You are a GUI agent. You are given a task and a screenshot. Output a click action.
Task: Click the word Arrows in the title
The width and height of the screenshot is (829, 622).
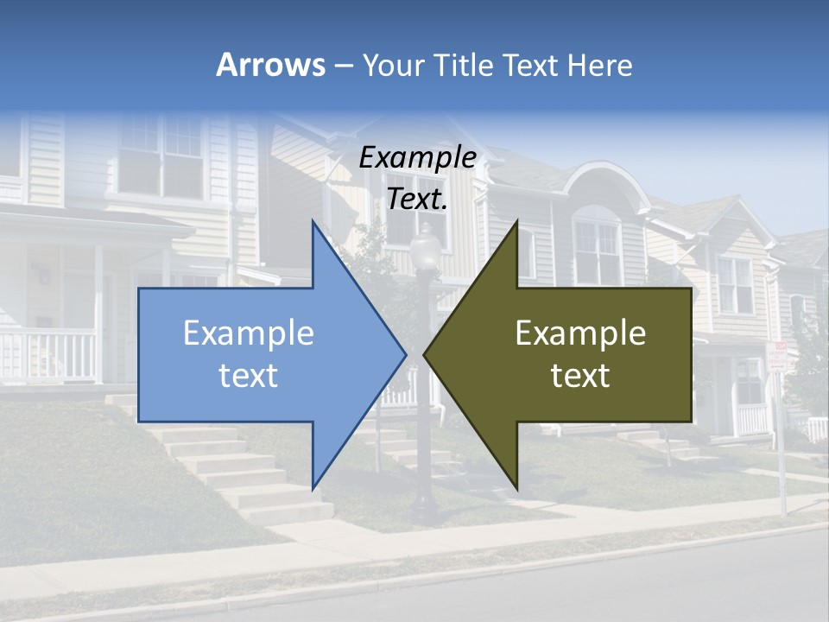pyautogui.click(x=270, y=65)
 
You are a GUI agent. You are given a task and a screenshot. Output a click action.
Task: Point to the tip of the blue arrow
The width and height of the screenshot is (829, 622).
pyautogui.click(x=404, y=353)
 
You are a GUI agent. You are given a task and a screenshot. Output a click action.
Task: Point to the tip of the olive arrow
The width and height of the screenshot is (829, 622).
pyautogui.click(x=426, y=353)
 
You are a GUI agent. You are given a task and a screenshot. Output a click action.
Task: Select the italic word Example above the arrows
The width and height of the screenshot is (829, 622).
pyautogui.click(x=417, y=158)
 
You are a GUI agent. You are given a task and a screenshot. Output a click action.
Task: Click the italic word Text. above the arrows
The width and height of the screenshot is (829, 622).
pyautogui.click(x=417, y=200)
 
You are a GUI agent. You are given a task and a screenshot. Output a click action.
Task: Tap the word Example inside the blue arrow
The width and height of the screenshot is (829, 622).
pyautogui.click(x=249, y=333)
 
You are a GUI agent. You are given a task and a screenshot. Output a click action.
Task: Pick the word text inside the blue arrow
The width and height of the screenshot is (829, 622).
pyautogui.click(x=249, y=376)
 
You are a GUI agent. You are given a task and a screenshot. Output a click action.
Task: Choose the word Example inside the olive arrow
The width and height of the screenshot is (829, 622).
pyautogui.click(x=580, y=333)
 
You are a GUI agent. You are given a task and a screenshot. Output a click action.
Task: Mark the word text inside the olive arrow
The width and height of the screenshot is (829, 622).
pyautogui.click(x=580, y=376)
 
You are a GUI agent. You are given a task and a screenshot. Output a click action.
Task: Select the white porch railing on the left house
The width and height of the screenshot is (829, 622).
pyautogui.click(x=47, y=354)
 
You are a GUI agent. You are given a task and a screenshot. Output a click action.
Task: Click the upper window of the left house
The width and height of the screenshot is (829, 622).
pyautogui.click(x=161, y=155)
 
